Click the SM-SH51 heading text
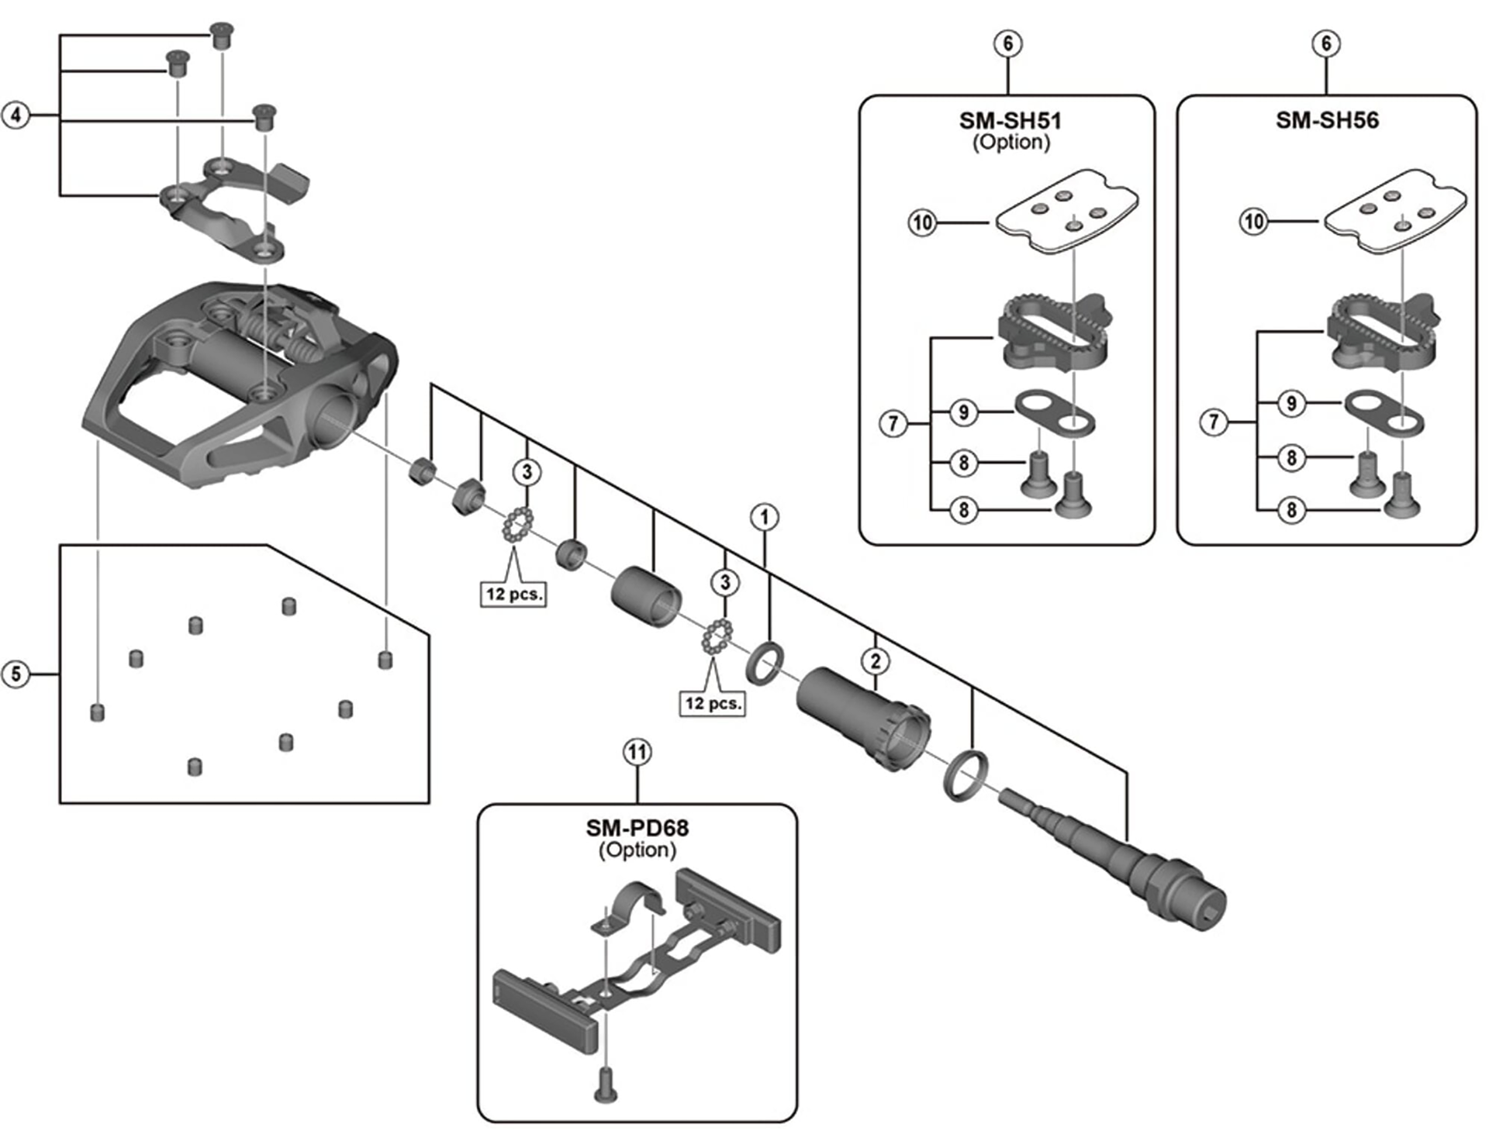pos(1010,121)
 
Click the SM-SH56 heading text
pos(1327,121)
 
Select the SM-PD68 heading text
pos(637,828)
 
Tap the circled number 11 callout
pos(637,752)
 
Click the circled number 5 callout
pos(16,674)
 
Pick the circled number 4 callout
pos(16,116)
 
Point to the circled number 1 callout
pos(765,517)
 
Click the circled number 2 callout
pos(876,661)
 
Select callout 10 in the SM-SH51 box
pos(922,223)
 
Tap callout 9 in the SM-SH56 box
pos(1291,403)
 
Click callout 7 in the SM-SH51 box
pos(893,423)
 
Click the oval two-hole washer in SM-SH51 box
pos(1054,412)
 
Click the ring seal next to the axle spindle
pos(966,773)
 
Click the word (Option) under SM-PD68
pos(637,850)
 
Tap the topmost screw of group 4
pos(223,33)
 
